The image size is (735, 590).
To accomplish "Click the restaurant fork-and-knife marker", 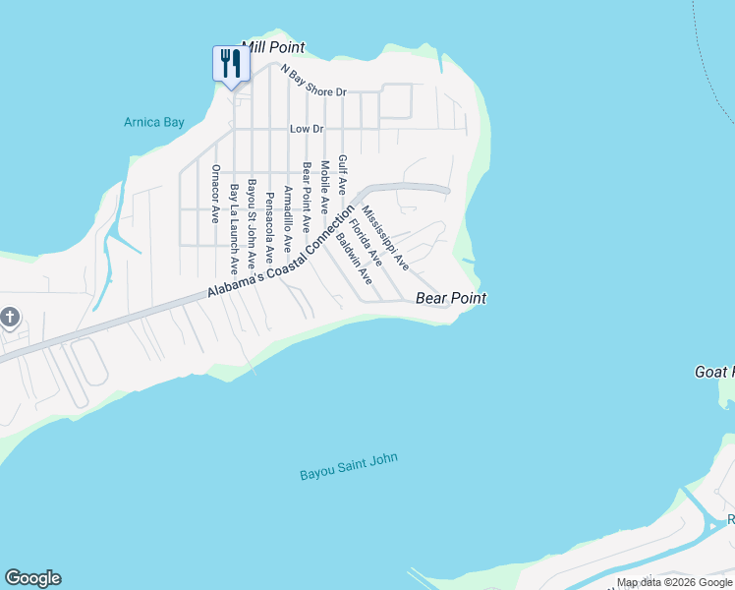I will click(x=231, y=64).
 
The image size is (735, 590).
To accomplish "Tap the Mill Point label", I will click(x=273, y=47).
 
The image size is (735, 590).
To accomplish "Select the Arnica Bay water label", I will click(x=154, y=123).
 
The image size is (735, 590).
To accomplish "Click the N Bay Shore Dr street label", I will click(x=313, y=82).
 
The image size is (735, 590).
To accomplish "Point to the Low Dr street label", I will click(x=307, y=129).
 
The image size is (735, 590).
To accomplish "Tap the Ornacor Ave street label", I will click(x=215, y=193).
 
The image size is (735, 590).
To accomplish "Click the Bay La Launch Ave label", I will click(x=234, y=227).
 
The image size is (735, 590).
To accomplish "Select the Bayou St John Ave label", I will click(x=252, y=223).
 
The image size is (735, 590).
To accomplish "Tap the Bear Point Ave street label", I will click(x=306, y=196).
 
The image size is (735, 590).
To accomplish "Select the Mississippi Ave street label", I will click(x=385, y=238).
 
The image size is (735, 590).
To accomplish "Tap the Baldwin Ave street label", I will click(x=354, y=258).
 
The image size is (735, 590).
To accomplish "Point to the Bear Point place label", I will click(x=451, y=298).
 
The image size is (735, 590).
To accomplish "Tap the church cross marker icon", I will click(x=10, y=318).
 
